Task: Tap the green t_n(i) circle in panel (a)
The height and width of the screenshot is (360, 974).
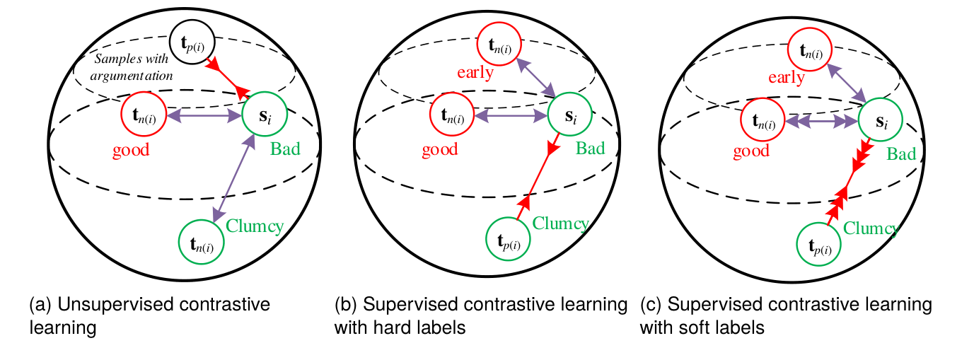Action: (x=202, y=243)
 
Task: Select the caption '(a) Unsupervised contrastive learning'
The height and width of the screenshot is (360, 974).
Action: (x=150, y=316)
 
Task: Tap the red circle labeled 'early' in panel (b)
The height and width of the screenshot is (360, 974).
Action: (x=499, y=46)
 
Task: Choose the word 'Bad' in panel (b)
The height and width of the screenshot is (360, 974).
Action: (x=590, y=149)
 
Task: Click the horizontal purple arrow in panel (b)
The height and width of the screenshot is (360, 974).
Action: (x=510, y=115)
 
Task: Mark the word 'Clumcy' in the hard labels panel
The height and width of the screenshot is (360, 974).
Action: (x=560, y=224)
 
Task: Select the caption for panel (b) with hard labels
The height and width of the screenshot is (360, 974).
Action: (x=481, y=316)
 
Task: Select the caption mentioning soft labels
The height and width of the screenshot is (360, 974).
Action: (x=786, y=316)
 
